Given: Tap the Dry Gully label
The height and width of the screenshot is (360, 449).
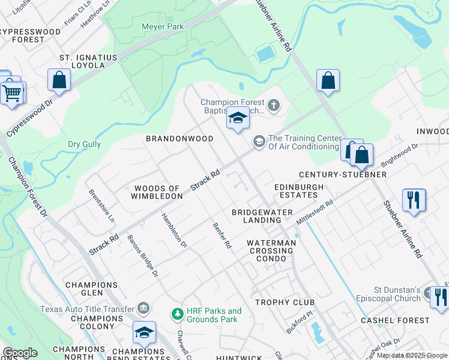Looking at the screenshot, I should pos(84,145).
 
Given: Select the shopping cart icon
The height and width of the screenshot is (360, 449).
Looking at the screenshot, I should pos(11,94).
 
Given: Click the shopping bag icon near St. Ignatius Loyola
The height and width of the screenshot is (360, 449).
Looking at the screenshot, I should pos(59,80).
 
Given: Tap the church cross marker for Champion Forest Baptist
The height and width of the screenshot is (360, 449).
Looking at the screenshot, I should pos(274,107).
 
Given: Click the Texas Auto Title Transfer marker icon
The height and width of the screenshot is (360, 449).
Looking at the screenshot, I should pos(143,308).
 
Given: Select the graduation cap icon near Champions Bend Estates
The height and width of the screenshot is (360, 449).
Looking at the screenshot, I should pos(144,332).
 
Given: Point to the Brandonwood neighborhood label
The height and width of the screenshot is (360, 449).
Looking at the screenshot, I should pos(179,139).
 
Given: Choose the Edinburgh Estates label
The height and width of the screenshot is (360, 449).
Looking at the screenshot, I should pos(299,191).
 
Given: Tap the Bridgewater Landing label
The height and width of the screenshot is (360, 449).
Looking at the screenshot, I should pos(262,216).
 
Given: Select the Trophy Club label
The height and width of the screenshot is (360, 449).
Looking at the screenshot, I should pos(277,302).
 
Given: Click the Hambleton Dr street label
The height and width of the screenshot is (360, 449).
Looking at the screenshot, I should pos(174,230).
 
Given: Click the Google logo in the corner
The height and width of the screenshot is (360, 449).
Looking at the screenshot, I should pos(20,353).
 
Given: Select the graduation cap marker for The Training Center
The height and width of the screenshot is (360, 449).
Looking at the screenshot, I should pos(259,142).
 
